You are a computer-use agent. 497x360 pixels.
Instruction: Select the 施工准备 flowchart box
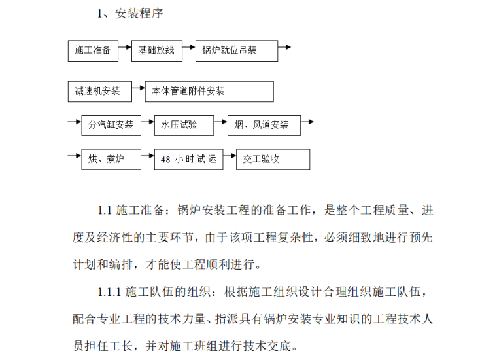(93, 50)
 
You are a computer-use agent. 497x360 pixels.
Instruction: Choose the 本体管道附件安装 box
(209, 92)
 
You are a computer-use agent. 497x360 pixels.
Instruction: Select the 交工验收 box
(273, 159)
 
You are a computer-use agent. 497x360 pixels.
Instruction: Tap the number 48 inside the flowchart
(166, 159)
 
